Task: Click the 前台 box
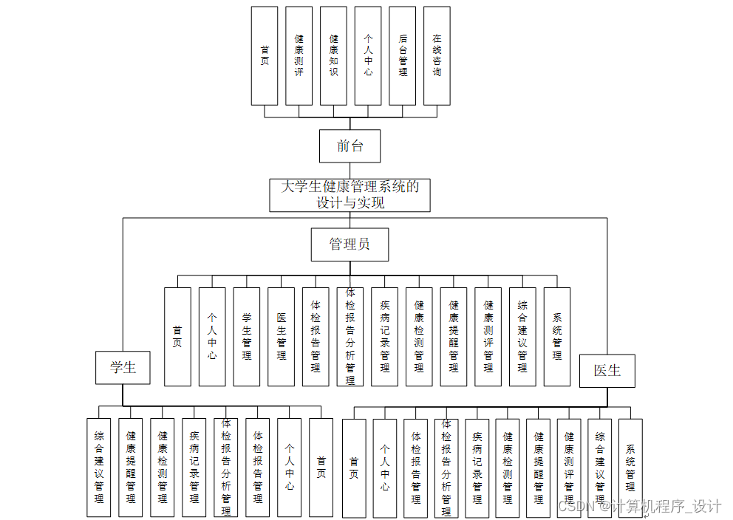pyautogui.click(x=350, y=146)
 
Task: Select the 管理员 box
pyautogui.click(x=350, y=244)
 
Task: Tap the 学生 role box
pyautogui.click(x=123, y=367)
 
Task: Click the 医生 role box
pyautogui.click(x=607, y=370)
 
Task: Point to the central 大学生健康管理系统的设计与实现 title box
pyautogui.click(x=350, y=195)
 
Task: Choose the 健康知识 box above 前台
pyautogui.click(x=333, y=56)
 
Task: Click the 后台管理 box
pyautogui.click(x=403, y=56)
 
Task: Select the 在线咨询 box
pyautogui.click(x=437, y=56)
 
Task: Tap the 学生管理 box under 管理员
pyautogui.click(x=247, y=337)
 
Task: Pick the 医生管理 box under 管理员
pyautogui.click(x=281, y=337)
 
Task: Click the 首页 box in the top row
pyautogui.click(x=265, y=56)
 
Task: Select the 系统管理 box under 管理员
pyautogui.click(x=557, y=337)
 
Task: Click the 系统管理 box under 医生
pyautogui.click(x=630, y=468)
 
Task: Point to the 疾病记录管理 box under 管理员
pyautogui.click(x=384, y=337)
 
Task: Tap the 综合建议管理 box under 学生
pyautogui.click(x=99, y=468)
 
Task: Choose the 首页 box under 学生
pyautogui.click(x=321, y=468)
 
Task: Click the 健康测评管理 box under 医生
pyautogui.click(x=569, y=468)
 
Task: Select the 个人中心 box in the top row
pyautogui.click(x=368, y=56)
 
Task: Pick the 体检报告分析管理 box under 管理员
pyautogui.click(x=350, y=337)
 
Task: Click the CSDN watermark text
pyautogui.click(x=638, y=507)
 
